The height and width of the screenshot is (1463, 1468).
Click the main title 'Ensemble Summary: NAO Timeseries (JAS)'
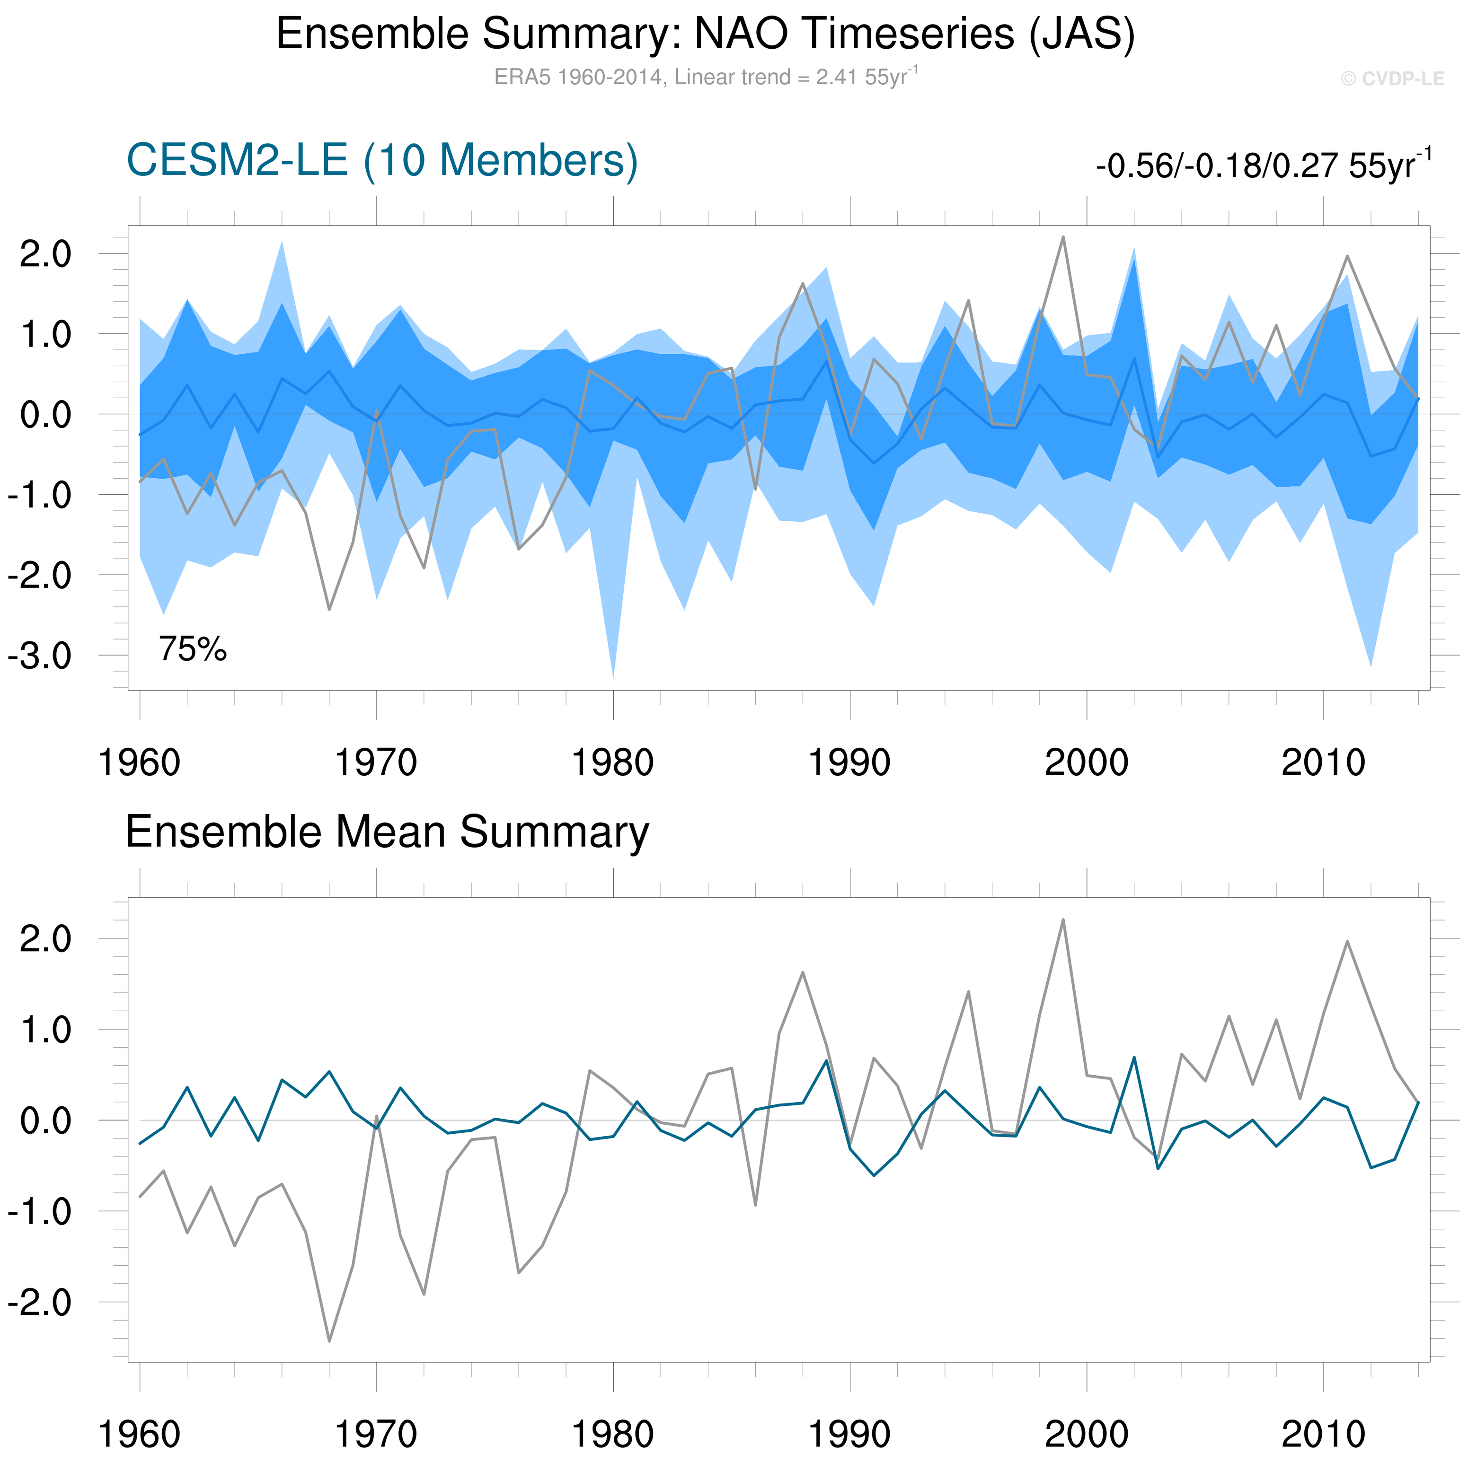[x=705, y=34]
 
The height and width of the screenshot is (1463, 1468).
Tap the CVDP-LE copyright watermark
[x=1392, y=79]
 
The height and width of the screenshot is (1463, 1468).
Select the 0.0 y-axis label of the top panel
[x=45, y=415]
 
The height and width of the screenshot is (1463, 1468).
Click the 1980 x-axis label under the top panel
[x=612, y=762]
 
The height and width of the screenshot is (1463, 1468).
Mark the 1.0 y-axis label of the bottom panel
[x=45, y=1030]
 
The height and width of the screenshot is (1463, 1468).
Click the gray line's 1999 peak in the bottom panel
[x=1063, y=920]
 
